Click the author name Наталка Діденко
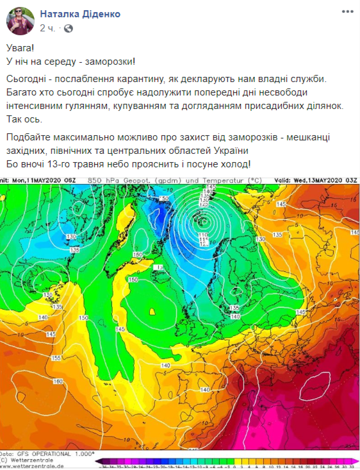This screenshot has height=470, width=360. pos(80,13)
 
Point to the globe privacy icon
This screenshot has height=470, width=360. pos(69,28)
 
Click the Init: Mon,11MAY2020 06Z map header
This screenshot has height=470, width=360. pos(38,181)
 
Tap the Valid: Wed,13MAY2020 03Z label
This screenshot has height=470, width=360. pos(320,181)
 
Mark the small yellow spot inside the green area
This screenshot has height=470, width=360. pos(152,312)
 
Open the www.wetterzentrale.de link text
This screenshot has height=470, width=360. pos(32,466)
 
